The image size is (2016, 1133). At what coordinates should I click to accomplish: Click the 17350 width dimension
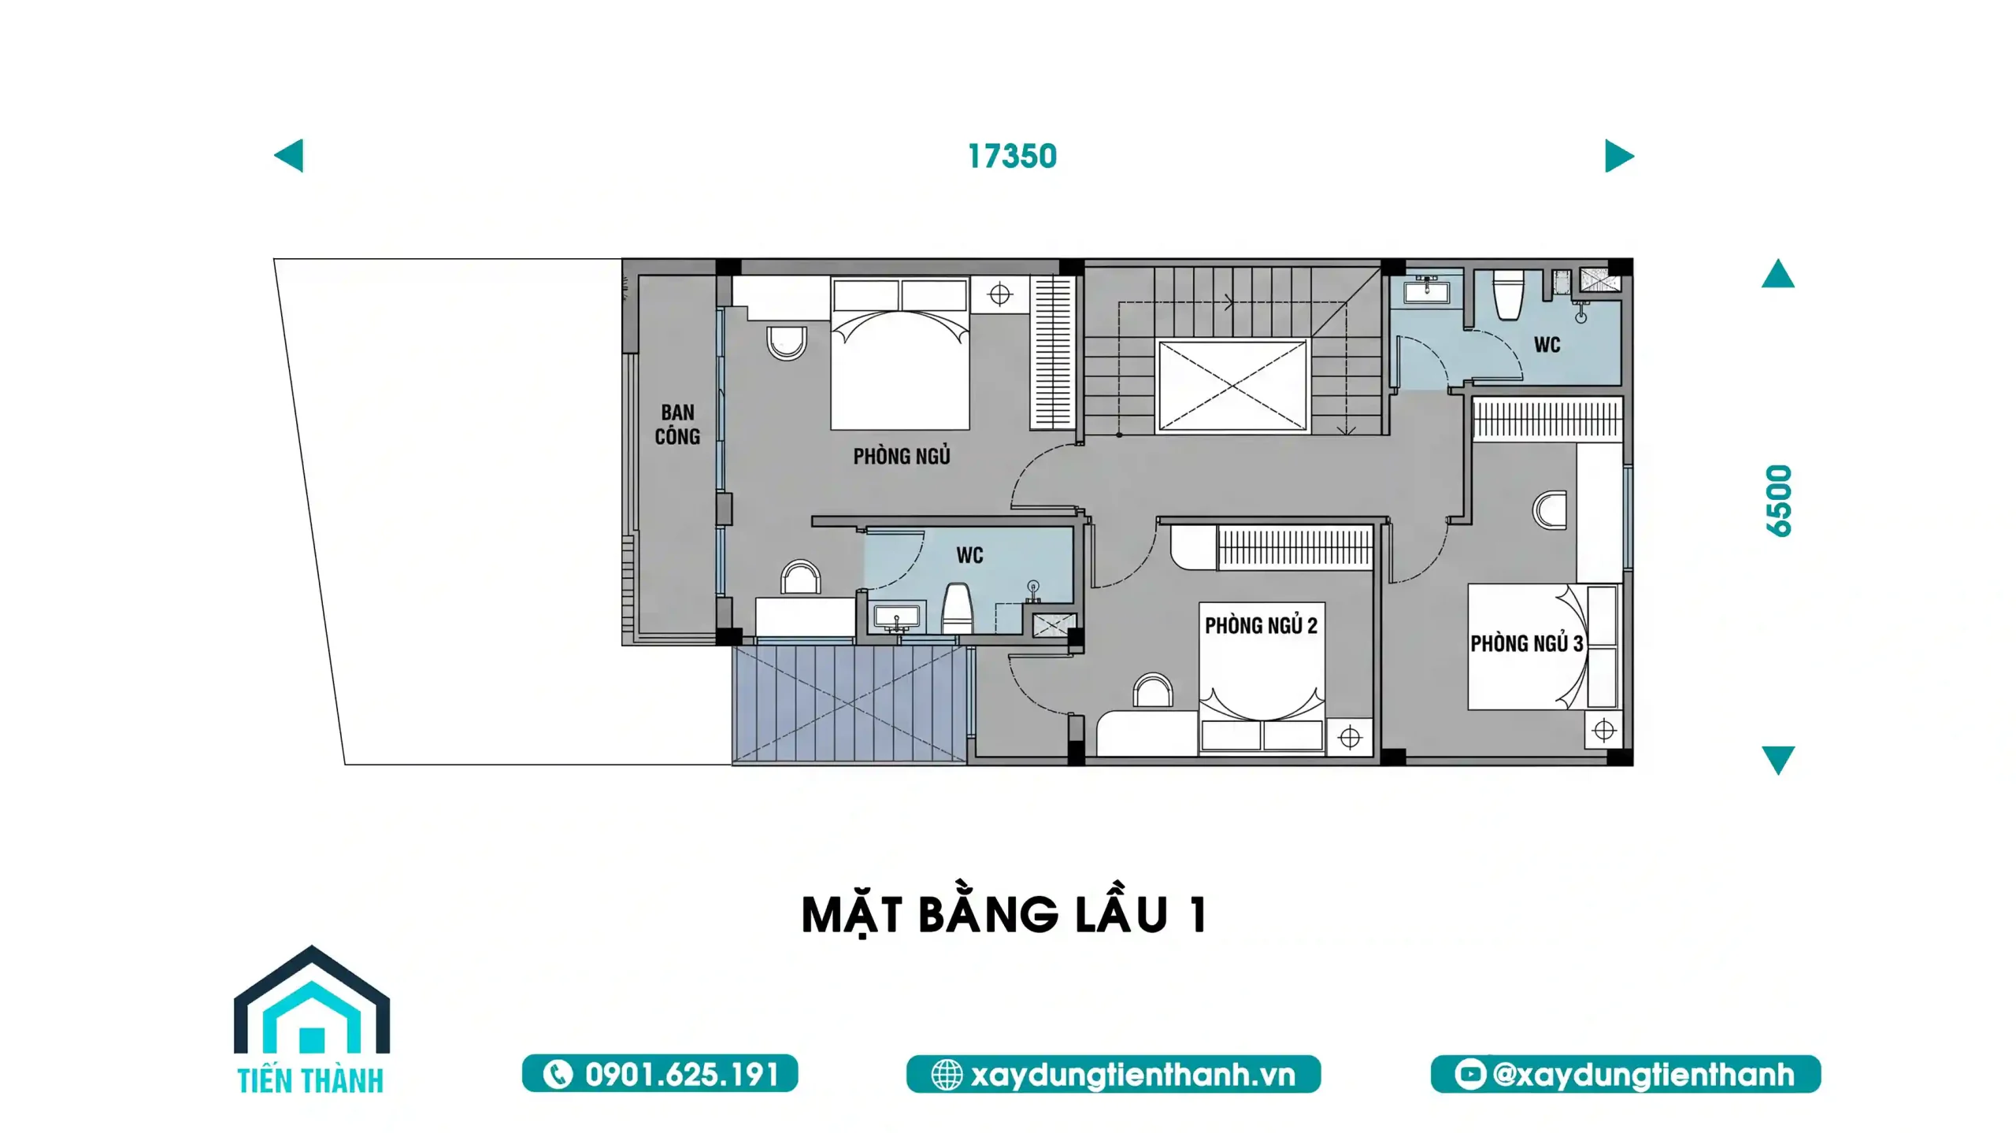(x=1011, y=157)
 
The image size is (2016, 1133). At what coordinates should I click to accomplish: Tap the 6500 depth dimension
(x=1778, y=501)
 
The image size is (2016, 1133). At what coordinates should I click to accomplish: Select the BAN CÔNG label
(x=677, y=424)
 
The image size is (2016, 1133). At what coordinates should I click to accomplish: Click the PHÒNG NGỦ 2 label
(x=1260, y=626)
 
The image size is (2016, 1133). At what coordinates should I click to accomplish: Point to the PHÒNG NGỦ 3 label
(x=1526, y=644)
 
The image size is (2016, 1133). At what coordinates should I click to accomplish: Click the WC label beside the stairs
(x=1547, y=345)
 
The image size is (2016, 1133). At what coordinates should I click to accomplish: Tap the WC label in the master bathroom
(x=969, y=556)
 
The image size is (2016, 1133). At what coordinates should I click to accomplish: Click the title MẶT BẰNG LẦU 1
(x=1004, y=915)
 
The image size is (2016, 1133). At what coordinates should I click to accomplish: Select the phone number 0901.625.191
(x=660, y=1074)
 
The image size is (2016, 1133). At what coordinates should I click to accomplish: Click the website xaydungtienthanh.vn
(x=1113, y=1074)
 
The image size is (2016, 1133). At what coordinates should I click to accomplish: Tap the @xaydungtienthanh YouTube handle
(x=1625, y=1074)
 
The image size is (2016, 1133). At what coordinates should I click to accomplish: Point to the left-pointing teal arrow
(x=289, y=156)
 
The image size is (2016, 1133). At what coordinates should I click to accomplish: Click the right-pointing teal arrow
(x=1618, y=156)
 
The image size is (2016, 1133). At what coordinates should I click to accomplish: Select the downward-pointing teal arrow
(x=1777, y=759)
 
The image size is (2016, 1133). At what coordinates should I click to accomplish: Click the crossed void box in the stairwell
(x=1232, y=386)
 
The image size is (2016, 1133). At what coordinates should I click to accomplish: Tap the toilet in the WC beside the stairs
(x=1508, y=295)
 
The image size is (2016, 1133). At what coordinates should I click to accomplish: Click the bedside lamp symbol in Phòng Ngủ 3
(x=1603, y=731)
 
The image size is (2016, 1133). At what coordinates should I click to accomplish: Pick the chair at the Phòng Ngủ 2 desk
(x=1153, y=690)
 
